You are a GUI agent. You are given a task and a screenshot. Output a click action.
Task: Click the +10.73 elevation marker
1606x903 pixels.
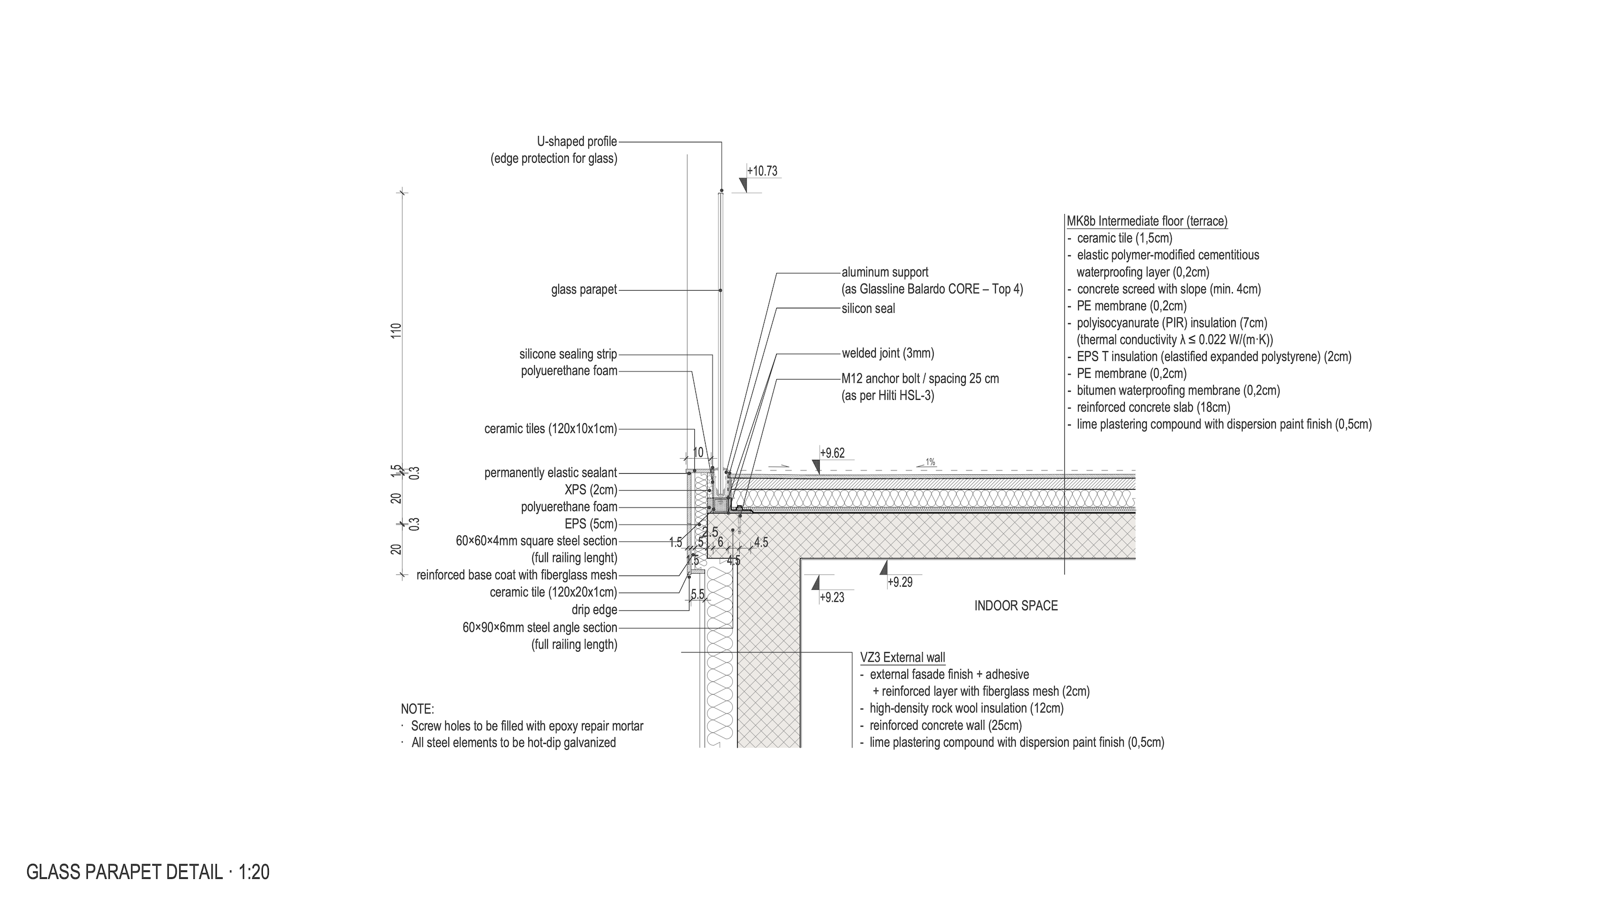762,171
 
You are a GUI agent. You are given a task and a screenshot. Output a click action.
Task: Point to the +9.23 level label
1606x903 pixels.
832,598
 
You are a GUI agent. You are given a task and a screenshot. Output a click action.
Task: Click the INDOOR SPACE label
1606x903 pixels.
1016,606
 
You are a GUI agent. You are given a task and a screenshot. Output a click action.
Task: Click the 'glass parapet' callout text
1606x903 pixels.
584,290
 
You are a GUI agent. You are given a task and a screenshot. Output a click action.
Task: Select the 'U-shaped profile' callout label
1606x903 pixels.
577,142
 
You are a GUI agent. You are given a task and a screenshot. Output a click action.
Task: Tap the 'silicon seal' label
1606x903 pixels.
868,308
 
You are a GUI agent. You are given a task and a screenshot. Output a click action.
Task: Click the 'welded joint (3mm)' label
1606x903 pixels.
888,353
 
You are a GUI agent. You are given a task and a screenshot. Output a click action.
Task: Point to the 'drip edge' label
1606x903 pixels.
594,610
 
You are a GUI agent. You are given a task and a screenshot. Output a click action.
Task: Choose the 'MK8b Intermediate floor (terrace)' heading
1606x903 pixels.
1147,221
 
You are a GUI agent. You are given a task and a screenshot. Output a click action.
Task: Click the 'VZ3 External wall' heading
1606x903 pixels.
902,657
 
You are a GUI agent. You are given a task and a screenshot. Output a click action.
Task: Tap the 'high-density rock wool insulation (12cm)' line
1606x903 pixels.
966,709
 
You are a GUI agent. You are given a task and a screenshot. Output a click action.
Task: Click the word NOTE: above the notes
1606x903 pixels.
417,709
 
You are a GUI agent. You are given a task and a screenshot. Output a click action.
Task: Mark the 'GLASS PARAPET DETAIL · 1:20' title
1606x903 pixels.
148,872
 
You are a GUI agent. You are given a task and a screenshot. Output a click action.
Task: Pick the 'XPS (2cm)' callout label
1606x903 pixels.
590,490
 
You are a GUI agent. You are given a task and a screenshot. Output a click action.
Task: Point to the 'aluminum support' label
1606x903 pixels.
885,272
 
